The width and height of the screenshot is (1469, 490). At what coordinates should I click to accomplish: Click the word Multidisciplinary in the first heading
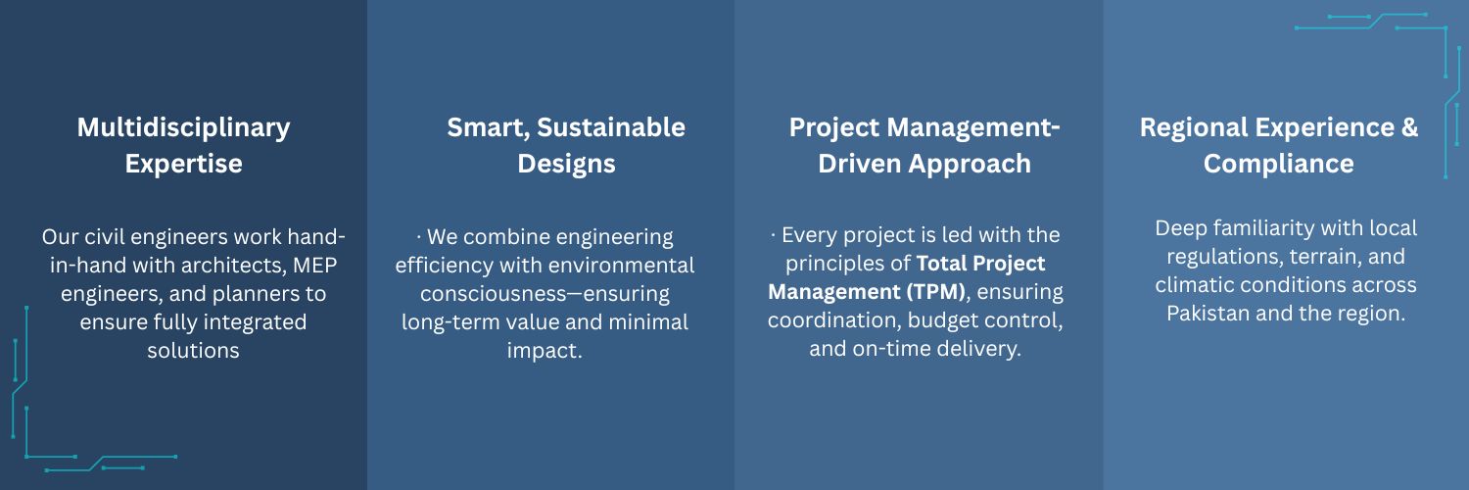[x=184, y=128]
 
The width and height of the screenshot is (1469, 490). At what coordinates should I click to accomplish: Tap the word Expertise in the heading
[x=184, y=164]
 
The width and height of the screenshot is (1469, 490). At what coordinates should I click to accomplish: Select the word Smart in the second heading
[x=488, y=128]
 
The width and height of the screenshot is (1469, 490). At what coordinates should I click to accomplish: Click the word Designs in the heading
[x=567, y=164]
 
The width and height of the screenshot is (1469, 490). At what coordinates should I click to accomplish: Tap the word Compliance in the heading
[x=1278, y=164]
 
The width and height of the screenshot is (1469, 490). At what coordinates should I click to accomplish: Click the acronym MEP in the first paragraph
[x=314, y=265]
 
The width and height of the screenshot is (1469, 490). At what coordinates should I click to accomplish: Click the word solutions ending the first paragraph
[x=194, y=350]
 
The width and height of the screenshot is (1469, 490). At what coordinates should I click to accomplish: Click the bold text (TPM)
[x=936, y=291]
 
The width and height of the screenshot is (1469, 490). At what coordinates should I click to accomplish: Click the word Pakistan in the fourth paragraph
[x=1208, y=314]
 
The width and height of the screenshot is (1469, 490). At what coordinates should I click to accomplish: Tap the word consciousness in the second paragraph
[x=498, y=294]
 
